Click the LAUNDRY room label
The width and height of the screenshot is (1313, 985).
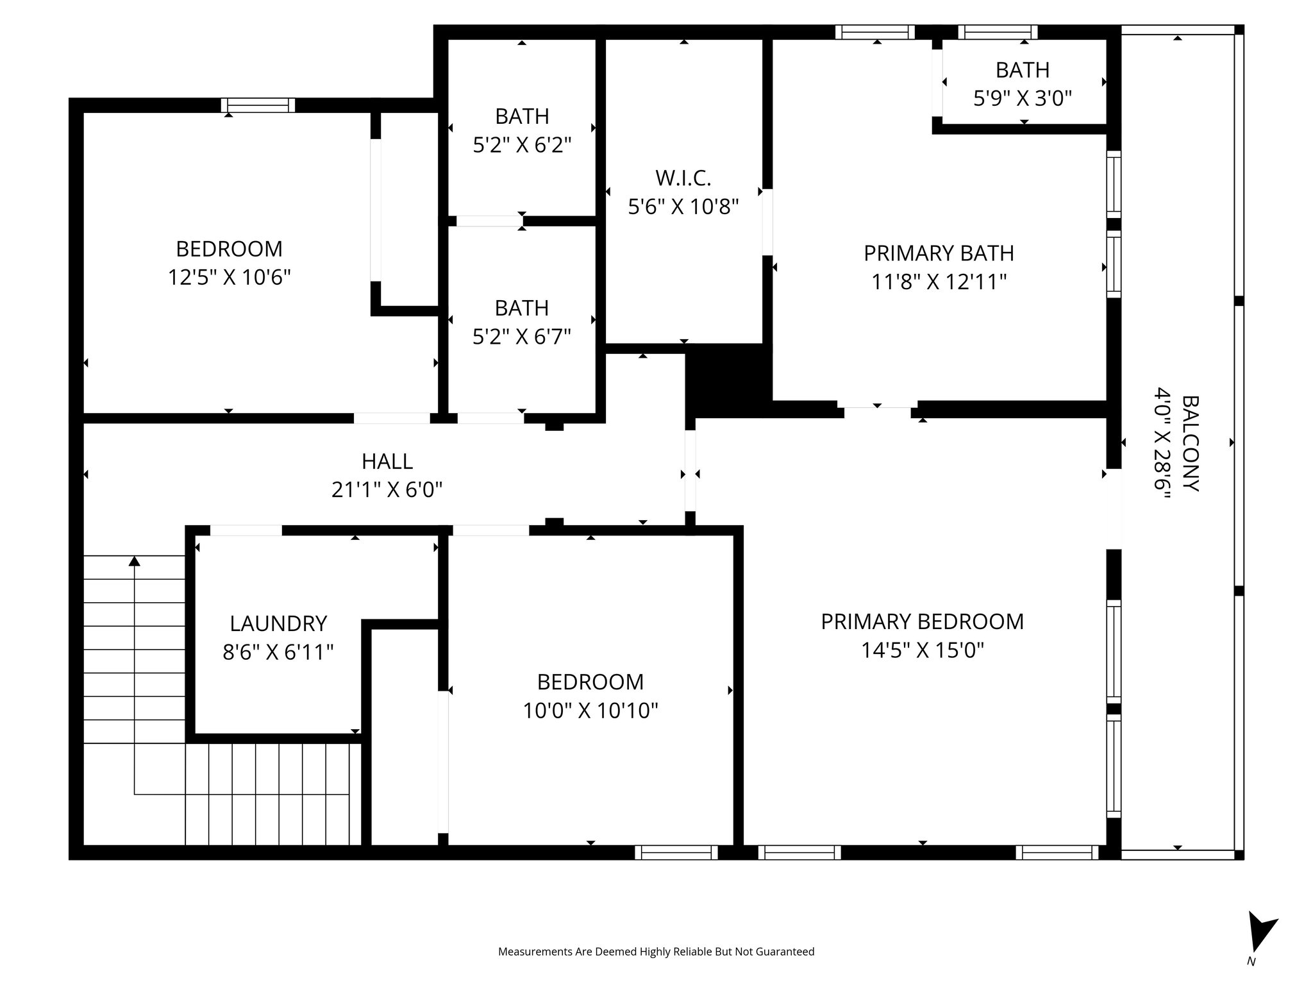[278, 623]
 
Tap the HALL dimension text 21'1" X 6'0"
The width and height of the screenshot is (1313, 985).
[387, 490]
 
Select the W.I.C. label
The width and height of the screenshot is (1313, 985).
[683, 178]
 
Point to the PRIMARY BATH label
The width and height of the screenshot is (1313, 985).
[939, 253]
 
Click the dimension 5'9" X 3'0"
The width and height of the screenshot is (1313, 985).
[1023, 98]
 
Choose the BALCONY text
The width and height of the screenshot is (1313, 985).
[1190, 443]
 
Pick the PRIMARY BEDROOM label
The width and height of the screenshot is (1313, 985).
[922, 621]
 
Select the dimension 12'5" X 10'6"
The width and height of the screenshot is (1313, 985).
[229, 278]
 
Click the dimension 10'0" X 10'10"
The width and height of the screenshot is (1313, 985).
[590, 711]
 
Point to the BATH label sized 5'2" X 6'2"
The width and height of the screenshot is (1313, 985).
[522, 116]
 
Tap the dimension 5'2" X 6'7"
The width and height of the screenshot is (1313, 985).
[522, 336]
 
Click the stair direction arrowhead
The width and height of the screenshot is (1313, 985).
[134, 561]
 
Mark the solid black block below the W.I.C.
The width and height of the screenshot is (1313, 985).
[728, 380]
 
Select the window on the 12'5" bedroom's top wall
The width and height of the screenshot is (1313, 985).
[258, 105]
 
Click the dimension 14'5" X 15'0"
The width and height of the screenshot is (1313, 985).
[922, 650]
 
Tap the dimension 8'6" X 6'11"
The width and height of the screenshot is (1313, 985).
[278, 652]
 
